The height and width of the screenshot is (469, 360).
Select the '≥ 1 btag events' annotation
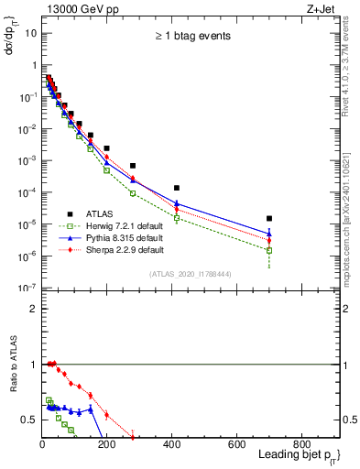pyautogui.click(x=191, y=38)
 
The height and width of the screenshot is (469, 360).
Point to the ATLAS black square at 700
pyautogui.click(x=269, y=219)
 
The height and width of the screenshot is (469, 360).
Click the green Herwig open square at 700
pyautogui.click(x=269, y=250)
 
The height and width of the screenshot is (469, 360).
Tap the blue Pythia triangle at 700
pyautogui.click(x=269, y=233)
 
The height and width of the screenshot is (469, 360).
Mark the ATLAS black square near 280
pyautogui.click(x=133, y=166)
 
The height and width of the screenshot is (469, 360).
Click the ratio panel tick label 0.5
pyautogui.click(x=29, y=420)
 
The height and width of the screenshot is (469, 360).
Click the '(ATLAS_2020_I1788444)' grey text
pyautogui.click(x=191, y=273)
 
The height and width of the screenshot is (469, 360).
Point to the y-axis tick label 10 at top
pyautogui.click(x=30, y=33)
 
